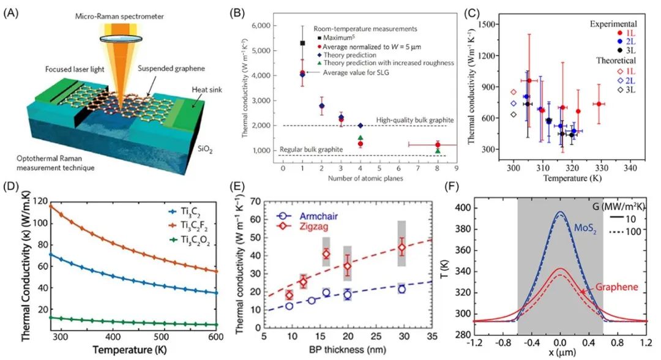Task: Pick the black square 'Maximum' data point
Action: point(302,43)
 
